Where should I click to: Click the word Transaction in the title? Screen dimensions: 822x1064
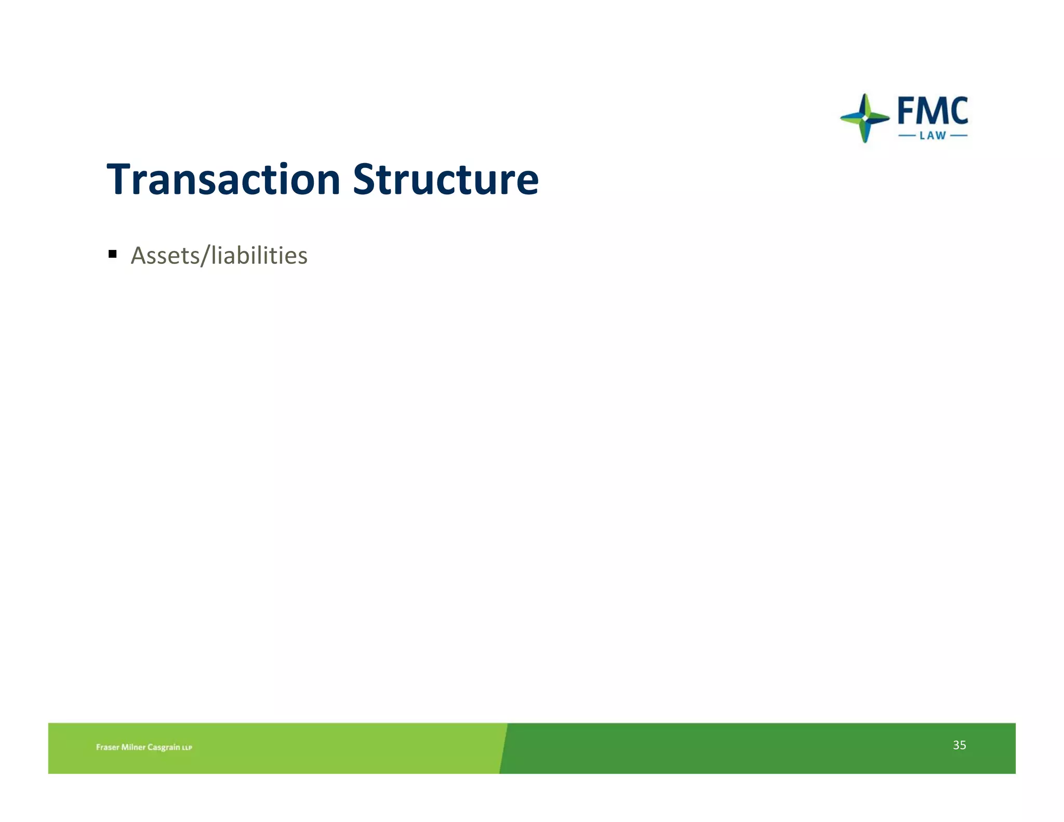[223, 180]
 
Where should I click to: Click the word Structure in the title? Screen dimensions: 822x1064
[446, 180]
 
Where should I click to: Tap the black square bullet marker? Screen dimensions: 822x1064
[113, 254]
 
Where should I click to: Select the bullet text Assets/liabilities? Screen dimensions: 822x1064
[219, 256]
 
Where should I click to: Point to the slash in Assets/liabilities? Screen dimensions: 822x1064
[205, 256]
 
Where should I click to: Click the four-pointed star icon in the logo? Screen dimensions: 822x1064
[864, 118]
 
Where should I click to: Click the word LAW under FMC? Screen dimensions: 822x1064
[933, 136]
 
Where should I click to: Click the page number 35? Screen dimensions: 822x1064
[959, 745]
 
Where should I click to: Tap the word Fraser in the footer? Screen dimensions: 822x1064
[108, 747]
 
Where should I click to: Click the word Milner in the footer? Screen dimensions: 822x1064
[133, 747]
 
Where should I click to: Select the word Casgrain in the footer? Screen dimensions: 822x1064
[164, 747]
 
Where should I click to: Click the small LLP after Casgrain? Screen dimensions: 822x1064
[187, 748]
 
